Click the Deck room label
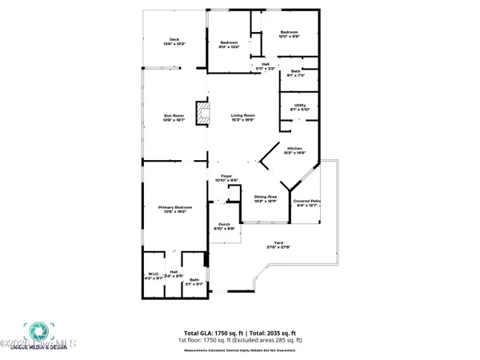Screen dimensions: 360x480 point(174,42)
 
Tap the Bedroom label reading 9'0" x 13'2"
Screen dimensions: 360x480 point(230,45)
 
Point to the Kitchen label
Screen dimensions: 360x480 point(295,150)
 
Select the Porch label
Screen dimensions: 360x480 point(224,227)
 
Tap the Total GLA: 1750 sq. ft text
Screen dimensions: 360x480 point(215,331)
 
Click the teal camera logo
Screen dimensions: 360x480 point(36,333)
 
